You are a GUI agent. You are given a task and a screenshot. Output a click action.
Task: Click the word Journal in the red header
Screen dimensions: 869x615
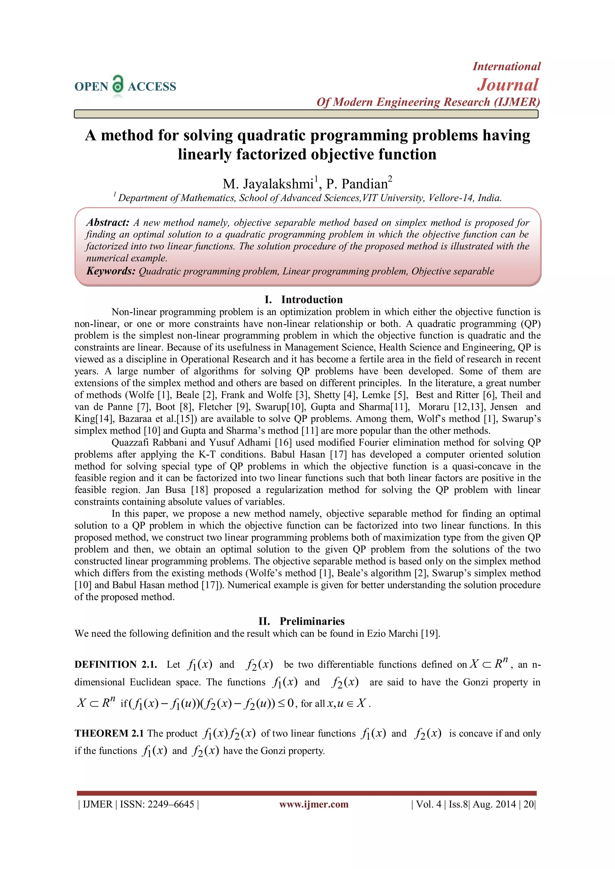507,85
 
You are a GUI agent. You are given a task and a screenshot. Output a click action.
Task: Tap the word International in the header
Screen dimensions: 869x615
506,67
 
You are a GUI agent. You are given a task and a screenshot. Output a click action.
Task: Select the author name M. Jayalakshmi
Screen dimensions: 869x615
268,184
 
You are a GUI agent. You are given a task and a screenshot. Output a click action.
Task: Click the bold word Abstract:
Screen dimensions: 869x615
108,222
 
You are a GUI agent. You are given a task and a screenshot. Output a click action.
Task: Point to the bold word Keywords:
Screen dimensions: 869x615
111,271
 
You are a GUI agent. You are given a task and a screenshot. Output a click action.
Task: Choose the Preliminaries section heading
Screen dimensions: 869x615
312,621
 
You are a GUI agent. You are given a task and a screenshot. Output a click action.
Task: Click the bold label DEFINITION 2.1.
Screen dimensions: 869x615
116,665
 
